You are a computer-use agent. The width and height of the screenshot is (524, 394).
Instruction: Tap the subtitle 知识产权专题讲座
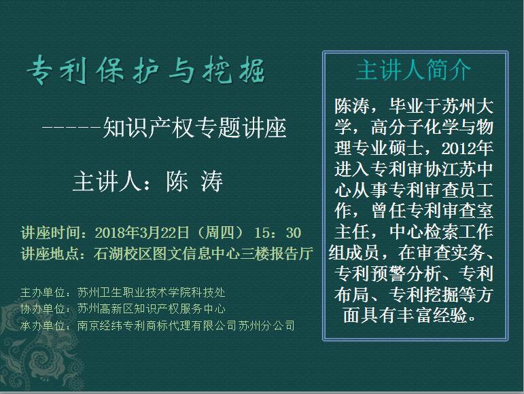(x=194, y=128)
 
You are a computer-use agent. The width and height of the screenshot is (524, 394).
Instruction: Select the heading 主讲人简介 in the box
(x=413, y=70)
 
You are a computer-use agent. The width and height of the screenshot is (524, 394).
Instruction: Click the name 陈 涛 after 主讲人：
(x=194, y=182)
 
